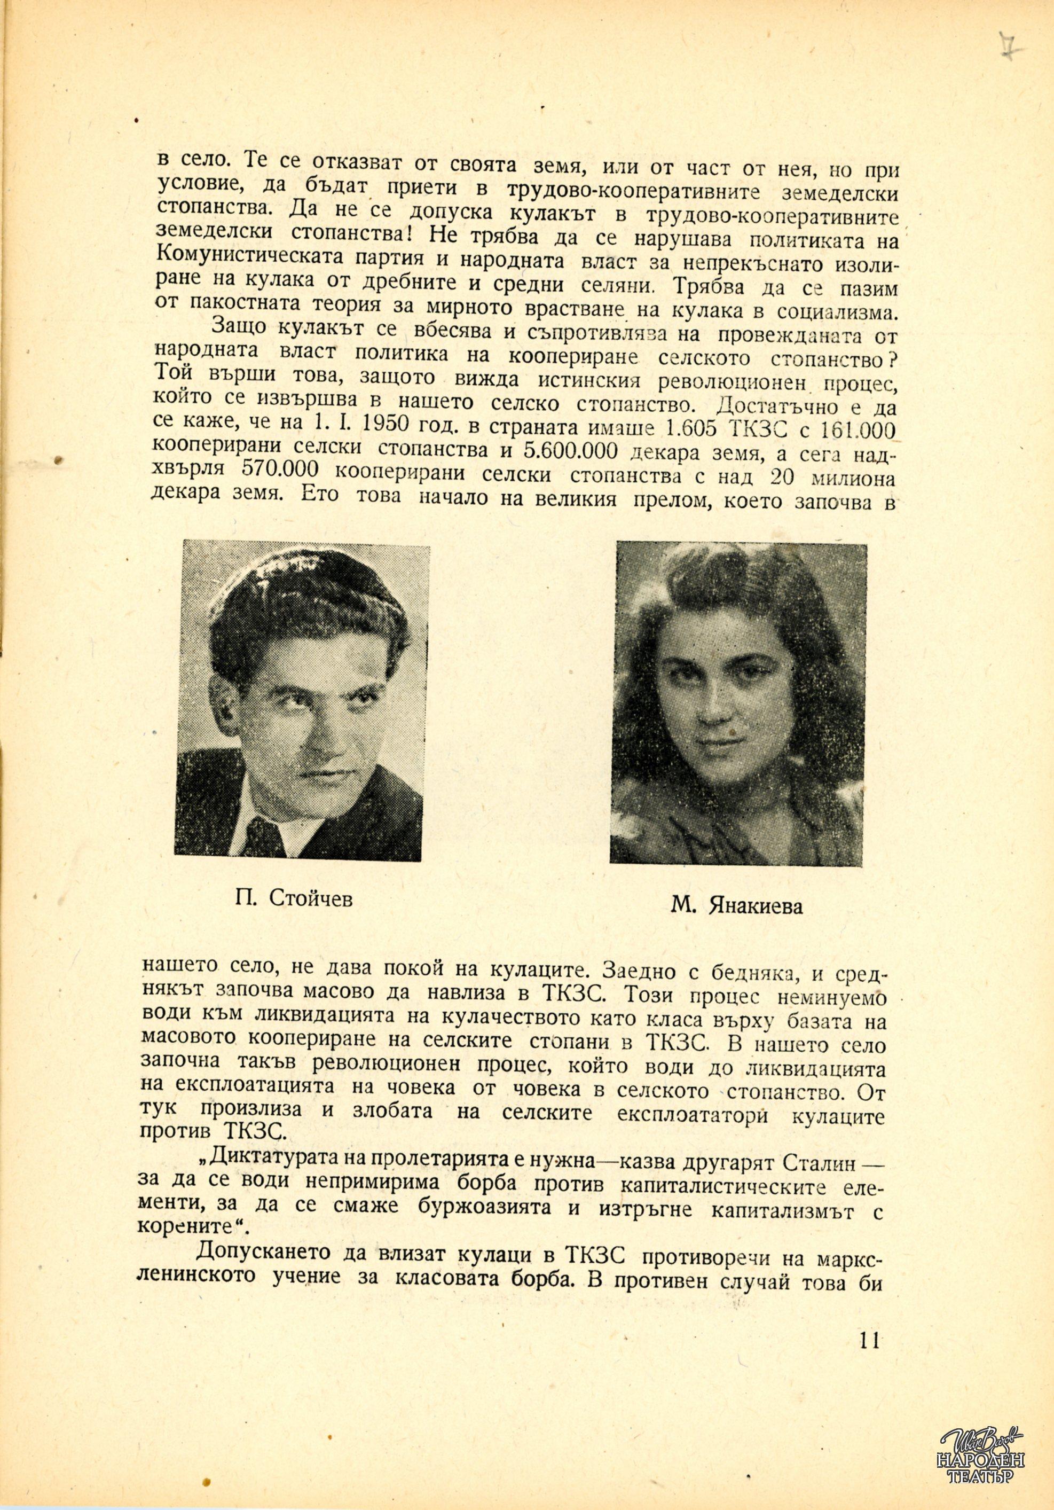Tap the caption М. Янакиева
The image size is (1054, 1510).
(737, 906)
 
